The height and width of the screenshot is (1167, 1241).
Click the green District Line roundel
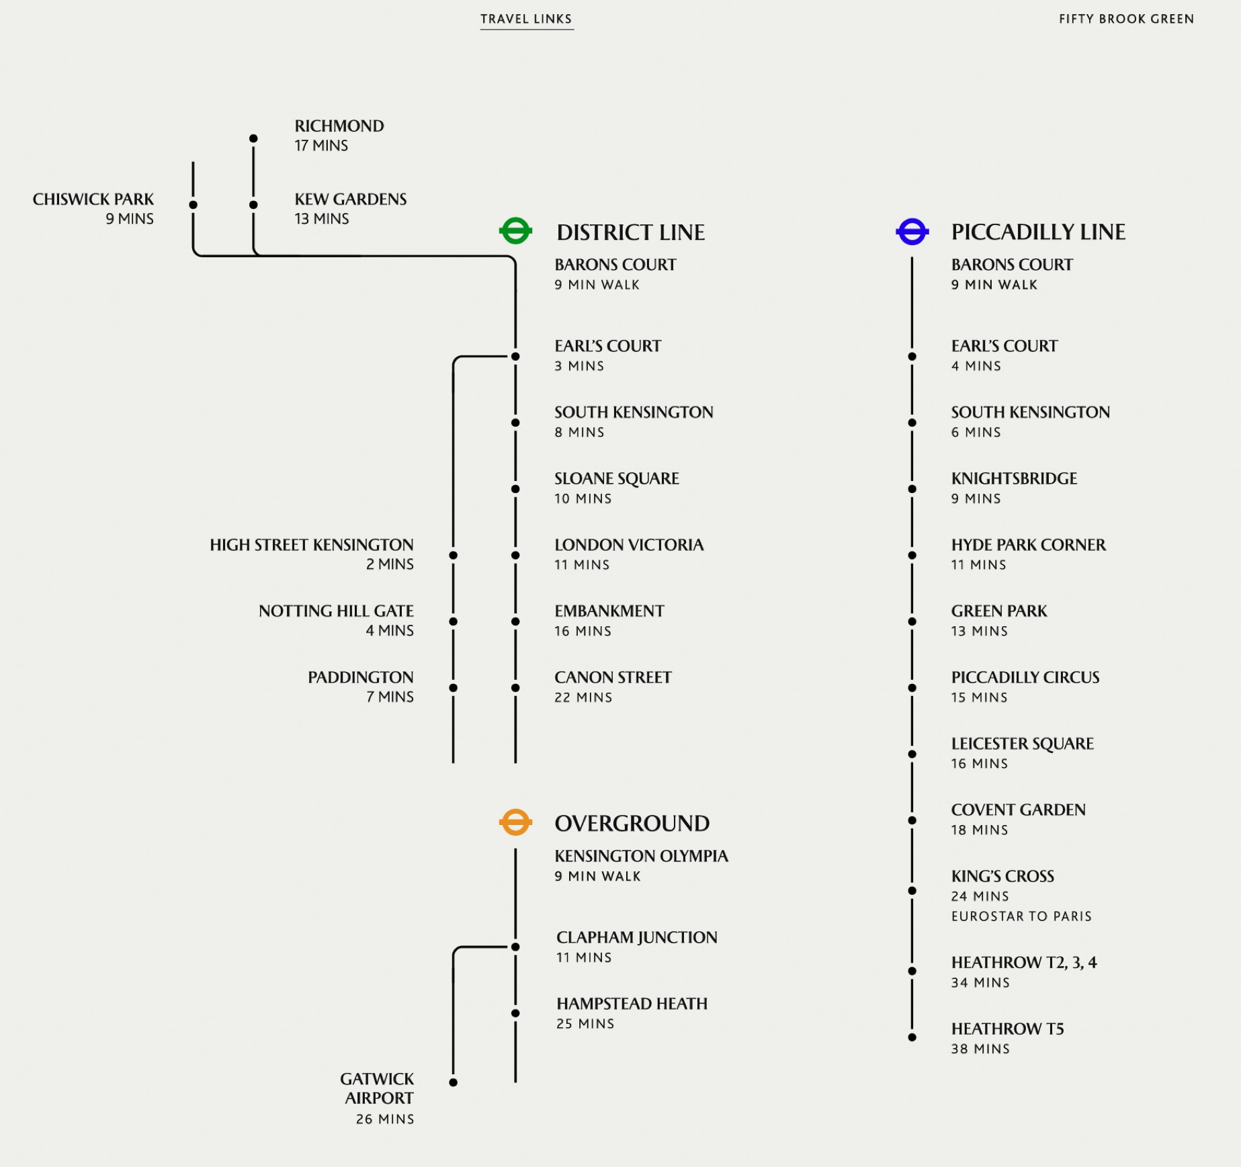pos(515,231)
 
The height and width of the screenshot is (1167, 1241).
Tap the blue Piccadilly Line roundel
pos(912,232)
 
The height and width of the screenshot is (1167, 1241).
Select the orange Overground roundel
pos(515,822)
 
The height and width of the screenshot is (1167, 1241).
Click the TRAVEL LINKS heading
pos(526,19)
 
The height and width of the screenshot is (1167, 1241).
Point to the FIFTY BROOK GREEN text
pos(1126,19)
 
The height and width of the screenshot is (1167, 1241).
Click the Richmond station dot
pos(253,138)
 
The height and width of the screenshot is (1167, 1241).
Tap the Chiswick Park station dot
pos(194,205)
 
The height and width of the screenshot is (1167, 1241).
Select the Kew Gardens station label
pos(350,200)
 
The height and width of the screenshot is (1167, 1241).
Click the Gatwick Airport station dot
pos(454,1082)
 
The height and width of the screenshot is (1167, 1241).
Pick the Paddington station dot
pos(454,688)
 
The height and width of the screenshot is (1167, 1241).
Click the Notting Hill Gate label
pos(336,611)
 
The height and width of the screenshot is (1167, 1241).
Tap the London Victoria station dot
pos(515,556)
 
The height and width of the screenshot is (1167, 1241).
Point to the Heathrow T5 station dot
pos(912,1037)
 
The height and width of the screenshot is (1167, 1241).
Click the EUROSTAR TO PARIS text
pos(1021,916)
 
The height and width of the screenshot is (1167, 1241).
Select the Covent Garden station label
pos(1018,810)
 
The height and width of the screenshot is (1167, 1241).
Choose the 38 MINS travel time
pos(980,1049)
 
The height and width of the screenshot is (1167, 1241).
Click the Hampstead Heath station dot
pos(515,1013)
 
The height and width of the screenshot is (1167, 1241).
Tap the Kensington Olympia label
pos(641,856)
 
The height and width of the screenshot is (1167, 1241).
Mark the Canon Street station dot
pos(515,688)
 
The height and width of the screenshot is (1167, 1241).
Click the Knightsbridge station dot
pos(912,489)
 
